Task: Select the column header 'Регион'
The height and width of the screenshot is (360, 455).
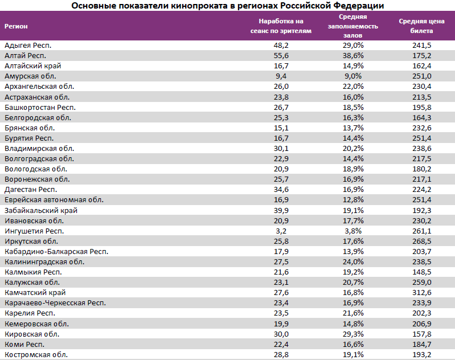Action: pyautogui.click(x=16, y=26)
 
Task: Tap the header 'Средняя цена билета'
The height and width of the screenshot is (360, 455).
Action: pyautogui.click(x=418, y=26)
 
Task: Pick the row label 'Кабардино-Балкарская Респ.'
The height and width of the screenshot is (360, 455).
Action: pyautogui.click(x=56, y=251)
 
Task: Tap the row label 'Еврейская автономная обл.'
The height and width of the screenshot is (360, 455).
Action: pyautogui.click(x=54, y=200)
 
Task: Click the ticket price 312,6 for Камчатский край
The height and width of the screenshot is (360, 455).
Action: pyautogui.click(x=421, y=293)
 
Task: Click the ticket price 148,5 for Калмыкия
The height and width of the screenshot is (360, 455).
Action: pyautogui.click(x=421, y=272)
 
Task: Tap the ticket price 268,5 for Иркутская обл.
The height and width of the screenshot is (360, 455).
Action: pyautogui.click(x=421, y=241)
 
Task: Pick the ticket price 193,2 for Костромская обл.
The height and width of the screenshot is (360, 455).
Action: pyautogui.click(x=421, y=354)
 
